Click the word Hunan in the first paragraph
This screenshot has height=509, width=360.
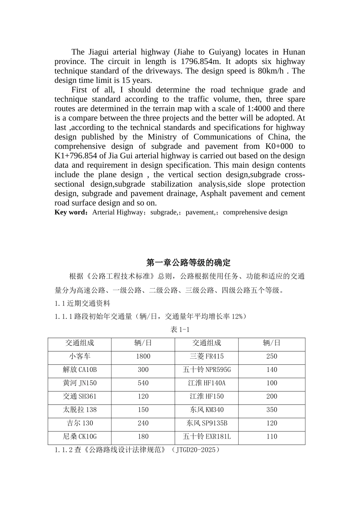(x=294, y=52)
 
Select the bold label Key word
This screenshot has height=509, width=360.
(x=71, y=212)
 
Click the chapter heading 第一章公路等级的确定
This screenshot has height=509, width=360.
(x=188, y=263)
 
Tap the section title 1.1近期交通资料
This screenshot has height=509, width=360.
(x=82, y=303)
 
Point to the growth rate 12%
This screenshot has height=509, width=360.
(x=236, y=316)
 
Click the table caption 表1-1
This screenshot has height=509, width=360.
(x=180, y=329)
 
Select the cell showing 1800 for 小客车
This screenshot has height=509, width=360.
(x=143, y=356)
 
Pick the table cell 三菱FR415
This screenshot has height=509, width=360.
(x=207, y=356)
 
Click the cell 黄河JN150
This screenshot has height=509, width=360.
(x=80, y=383)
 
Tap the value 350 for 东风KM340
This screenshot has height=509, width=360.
(x=272, y=410)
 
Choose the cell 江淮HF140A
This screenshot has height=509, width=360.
(x=207, y=383)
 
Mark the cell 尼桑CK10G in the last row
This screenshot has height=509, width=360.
(x=80, y=436)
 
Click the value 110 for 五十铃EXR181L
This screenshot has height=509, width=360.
(x=272, y=436)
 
